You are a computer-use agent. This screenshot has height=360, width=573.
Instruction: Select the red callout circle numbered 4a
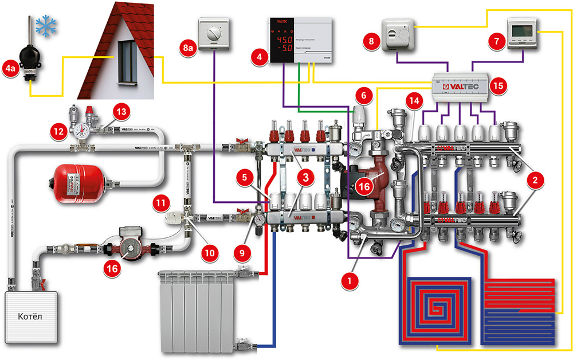tap(11, 69)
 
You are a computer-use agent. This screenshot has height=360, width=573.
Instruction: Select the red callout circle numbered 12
tap(58, 131)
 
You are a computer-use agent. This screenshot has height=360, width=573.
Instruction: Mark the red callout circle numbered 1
tap(346, 280)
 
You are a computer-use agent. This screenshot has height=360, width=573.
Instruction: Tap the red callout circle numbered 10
tap(210, 251)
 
